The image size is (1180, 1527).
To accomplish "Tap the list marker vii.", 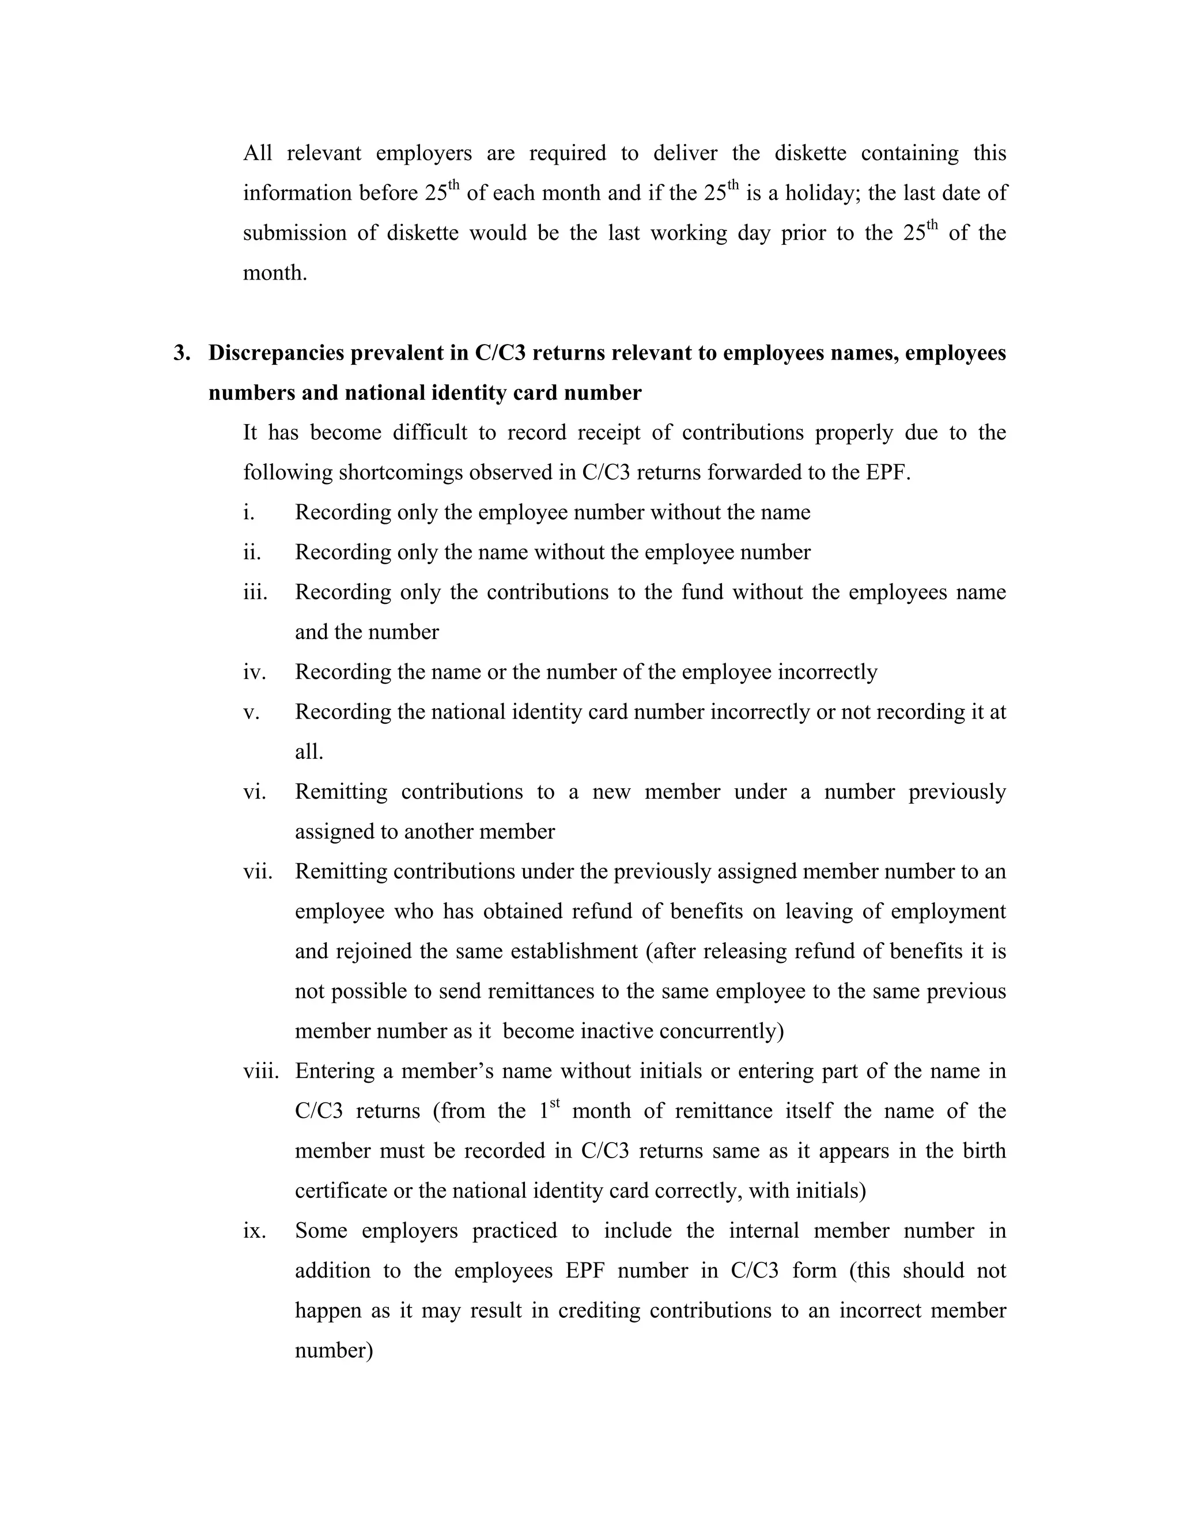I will coord(257,872).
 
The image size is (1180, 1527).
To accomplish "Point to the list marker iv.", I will coord(255,672).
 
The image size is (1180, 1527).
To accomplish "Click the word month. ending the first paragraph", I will coord(275,273).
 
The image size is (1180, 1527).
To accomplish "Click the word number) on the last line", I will coord(334,1350).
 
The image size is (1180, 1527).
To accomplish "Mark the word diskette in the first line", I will coord(810,153).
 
